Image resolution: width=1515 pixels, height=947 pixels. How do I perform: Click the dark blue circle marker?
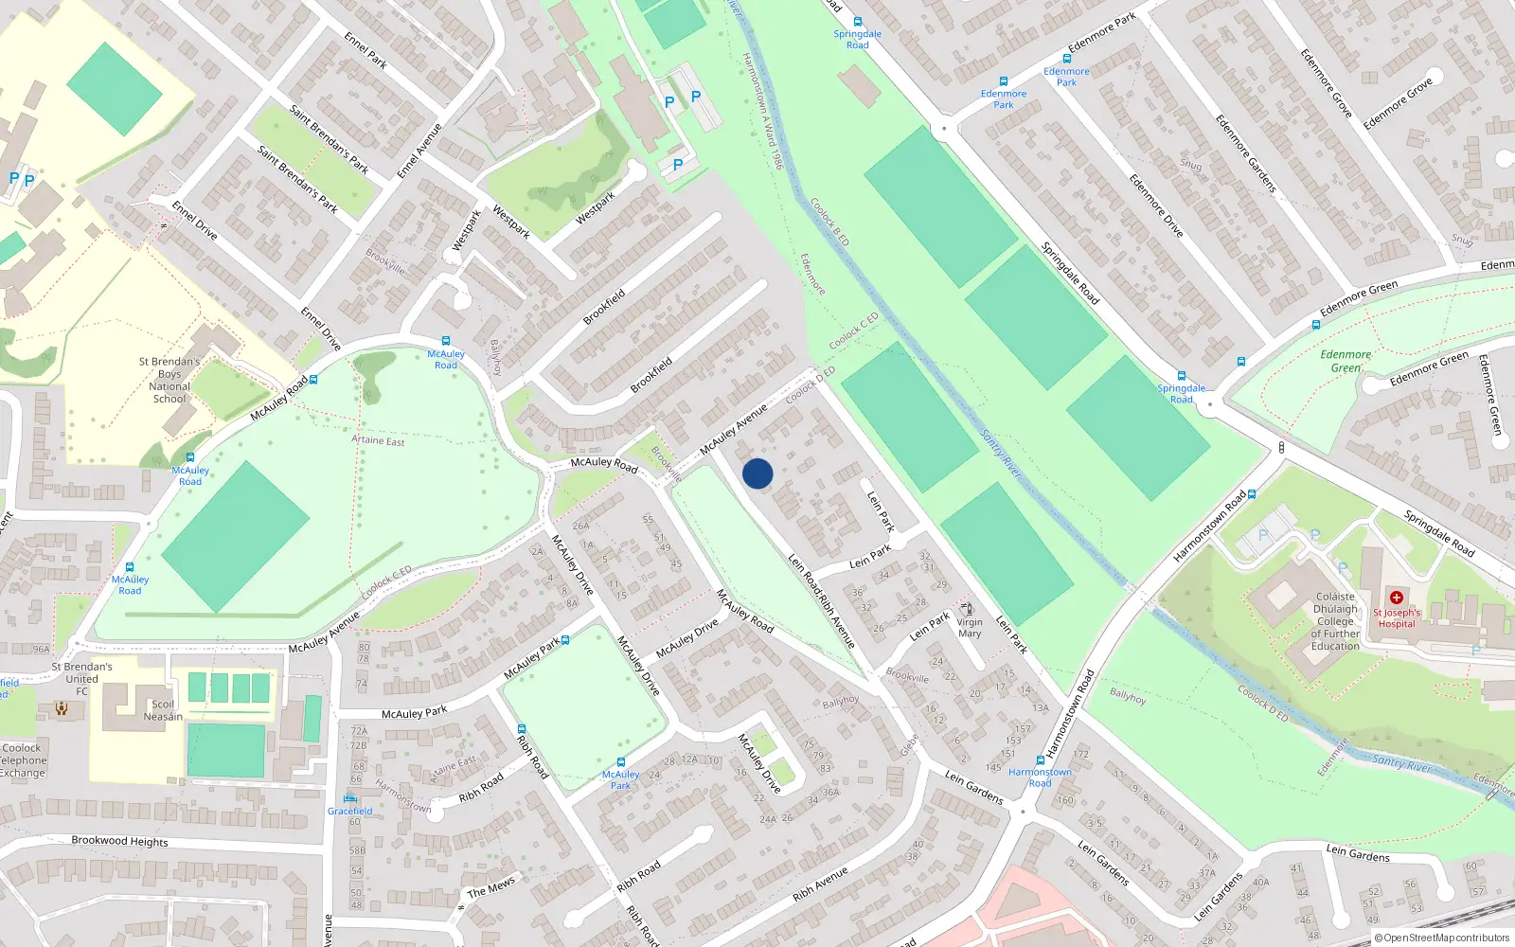point(757,473)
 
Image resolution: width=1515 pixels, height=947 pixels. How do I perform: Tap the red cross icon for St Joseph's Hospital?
point(1396,598)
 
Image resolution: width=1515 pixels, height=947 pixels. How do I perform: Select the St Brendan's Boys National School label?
point(169,380)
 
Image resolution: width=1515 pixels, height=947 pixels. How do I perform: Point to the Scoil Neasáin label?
point(163,710)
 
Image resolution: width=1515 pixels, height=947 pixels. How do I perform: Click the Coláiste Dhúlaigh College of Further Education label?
point(1335,621)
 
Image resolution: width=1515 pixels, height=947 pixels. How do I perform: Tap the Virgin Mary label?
point(970,628)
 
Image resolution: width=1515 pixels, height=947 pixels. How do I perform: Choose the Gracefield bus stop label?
point(350,811)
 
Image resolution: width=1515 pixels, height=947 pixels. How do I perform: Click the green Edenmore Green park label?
point(1346,361)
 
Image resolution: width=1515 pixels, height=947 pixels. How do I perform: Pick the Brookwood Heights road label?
point(120,841)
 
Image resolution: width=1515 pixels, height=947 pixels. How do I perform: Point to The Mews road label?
point(491,886)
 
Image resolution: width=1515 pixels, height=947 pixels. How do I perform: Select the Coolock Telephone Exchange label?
point(22,760)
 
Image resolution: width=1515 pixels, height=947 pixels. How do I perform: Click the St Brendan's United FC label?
point(81,679)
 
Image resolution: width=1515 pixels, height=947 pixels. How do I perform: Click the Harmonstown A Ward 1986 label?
point(763,111)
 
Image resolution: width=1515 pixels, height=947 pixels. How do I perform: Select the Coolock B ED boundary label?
point(829,223)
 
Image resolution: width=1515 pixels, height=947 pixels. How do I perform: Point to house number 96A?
point(41,650)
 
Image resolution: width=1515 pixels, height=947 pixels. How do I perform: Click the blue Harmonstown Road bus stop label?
point(1040,777)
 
